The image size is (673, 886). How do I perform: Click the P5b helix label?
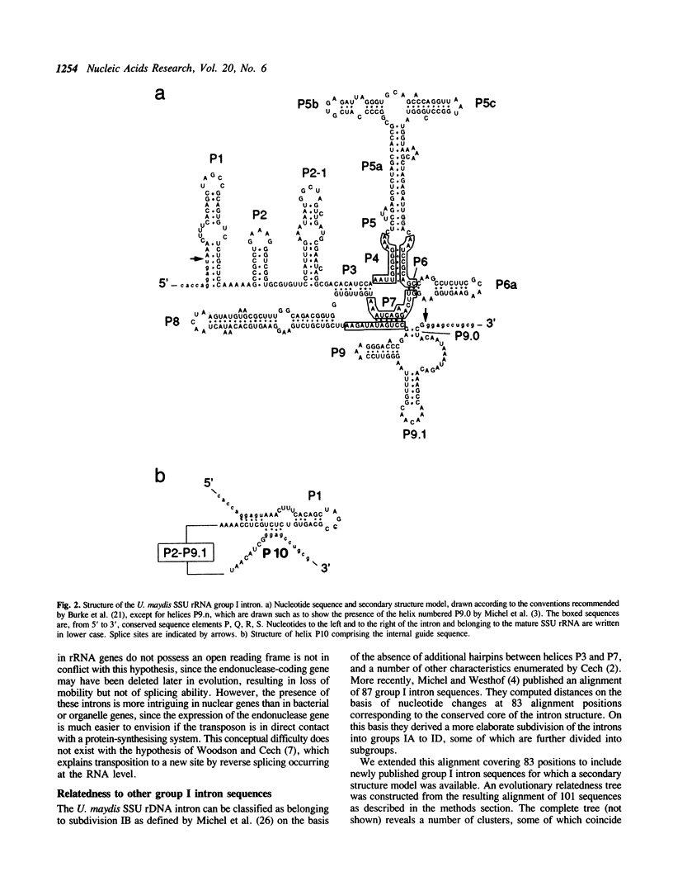(x=309, y=104)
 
